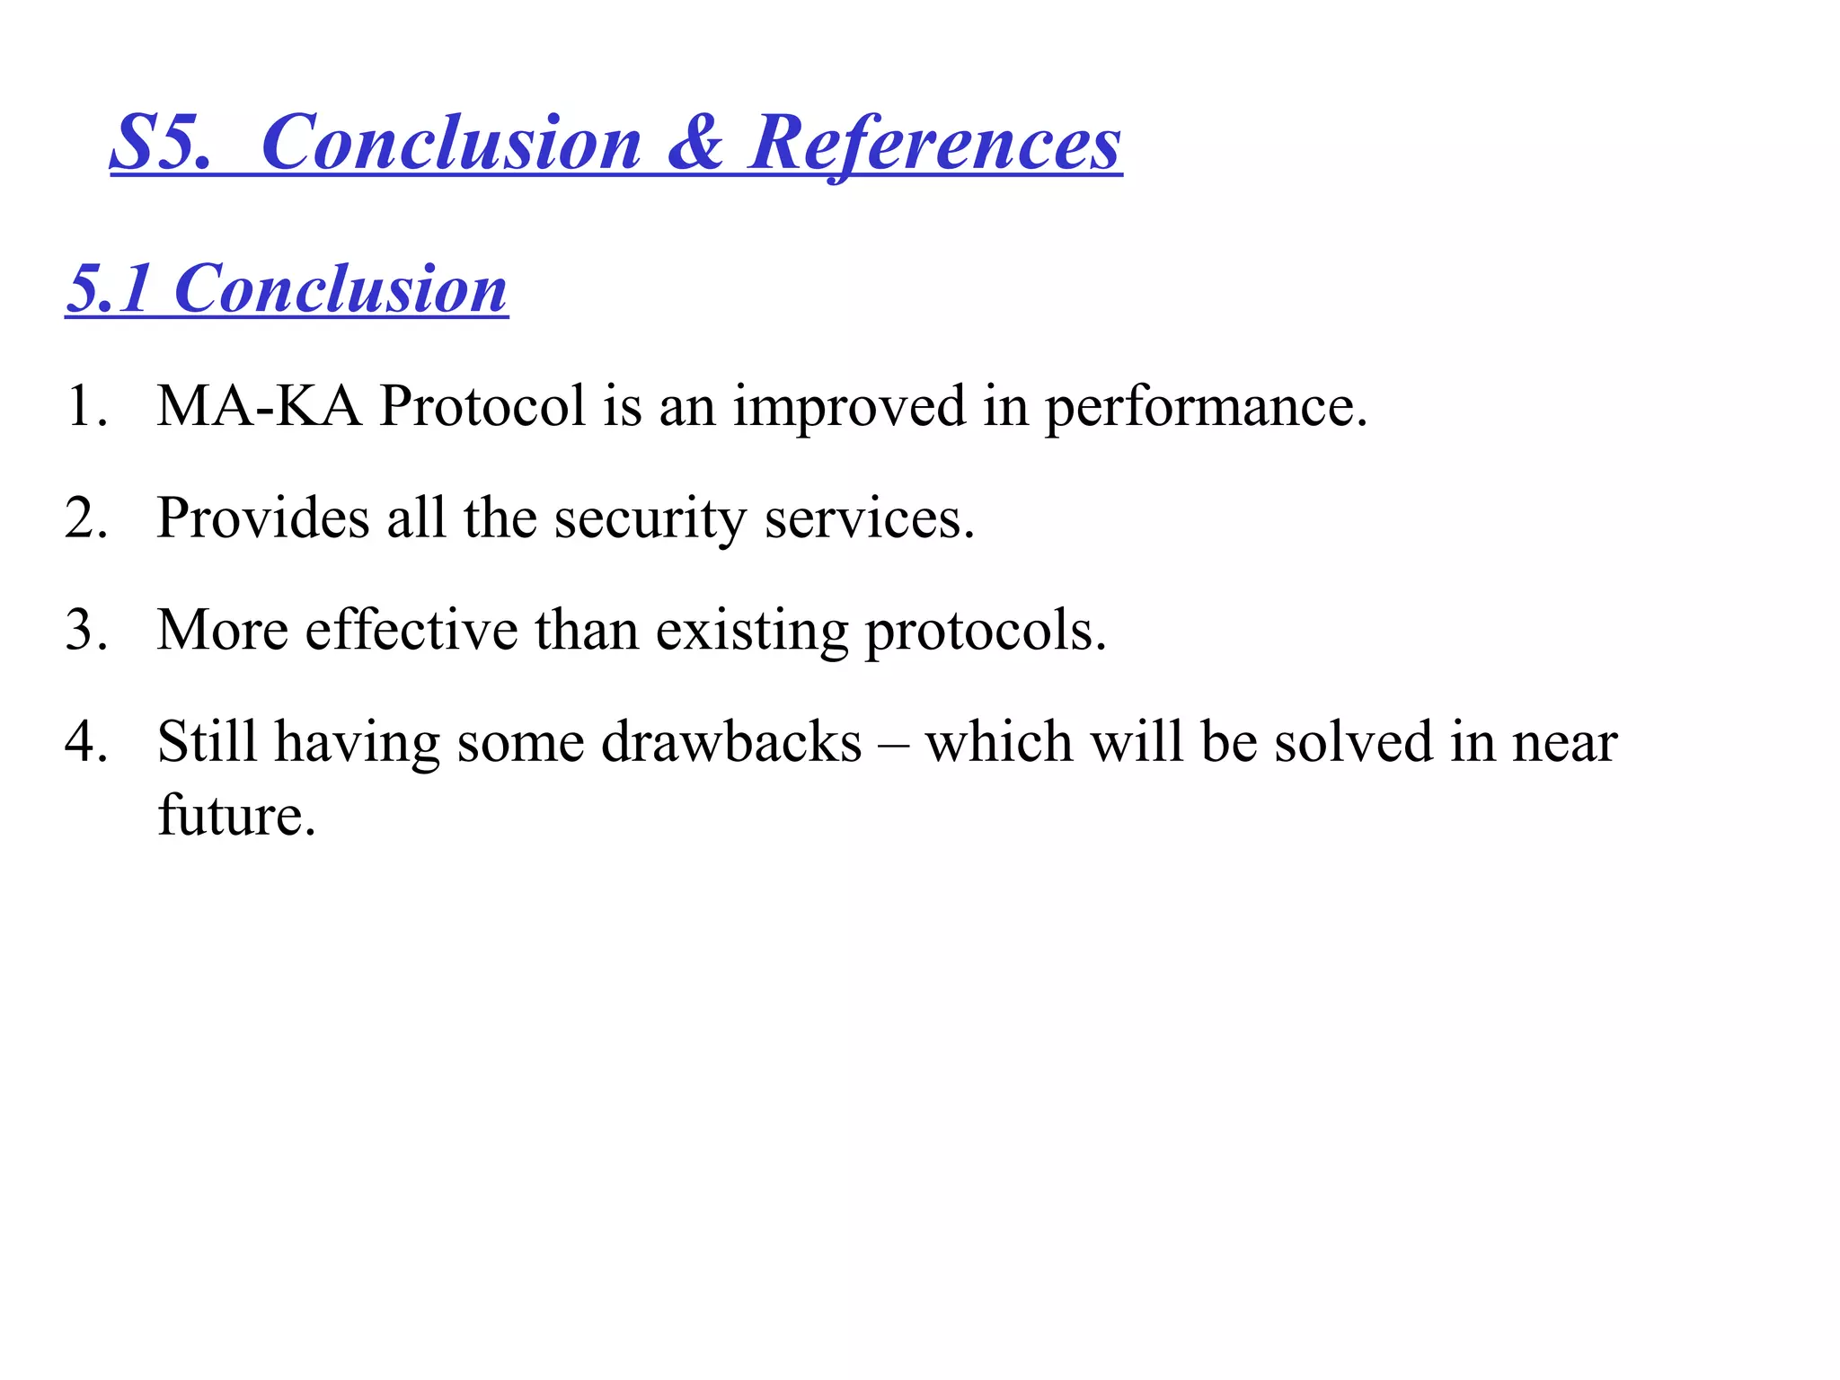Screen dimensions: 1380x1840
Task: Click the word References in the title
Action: (x=934, y=144)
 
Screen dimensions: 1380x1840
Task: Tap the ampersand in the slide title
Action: (x=694, y=144)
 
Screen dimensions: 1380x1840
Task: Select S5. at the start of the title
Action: (x=160, y=144)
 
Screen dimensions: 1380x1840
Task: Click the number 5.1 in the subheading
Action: (x=108, y=289)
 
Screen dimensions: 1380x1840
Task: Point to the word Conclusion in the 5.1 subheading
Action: (x=341, y=289)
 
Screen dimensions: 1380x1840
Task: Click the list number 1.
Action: (x=86, y=406)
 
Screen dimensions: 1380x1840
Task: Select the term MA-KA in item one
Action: (x=259, y=406)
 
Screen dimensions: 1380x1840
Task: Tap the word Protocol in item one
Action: (x=482, y=406)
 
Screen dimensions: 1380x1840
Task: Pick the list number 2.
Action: (x=86, y=518)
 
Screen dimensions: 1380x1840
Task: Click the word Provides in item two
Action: (x=262, y=518)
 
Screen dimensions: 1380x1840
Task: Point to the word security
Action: (x=650, y=520)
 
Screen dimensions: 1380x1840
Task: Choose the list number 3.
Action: (x=86, y=630)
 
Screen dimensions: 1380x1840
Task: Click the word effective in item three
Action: (x=411, y=630)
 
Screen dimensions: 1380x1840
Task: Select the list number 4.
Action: (x=86, y=742)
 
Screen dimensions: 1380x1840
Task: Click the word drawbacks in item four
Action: (x=731, y=742)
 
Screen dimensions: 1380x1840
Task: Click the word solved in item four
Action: (x=1353, y=742)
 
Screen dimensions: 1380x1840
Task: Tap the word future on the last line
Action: (x=235, y=816)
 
